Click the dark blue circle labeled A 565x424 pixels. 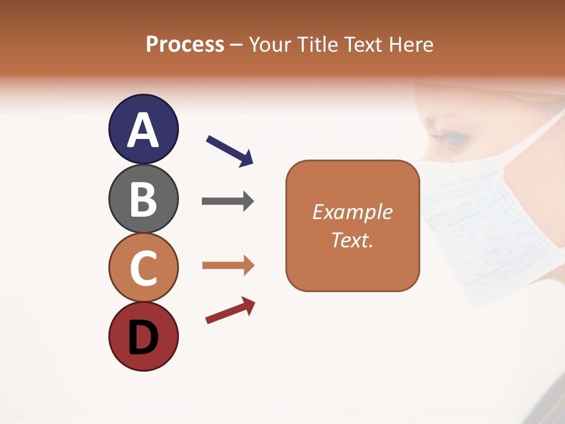point(143,129)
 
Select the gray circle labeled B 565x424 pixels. point(143,198)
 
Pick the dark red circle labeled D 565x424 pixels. point(143,336)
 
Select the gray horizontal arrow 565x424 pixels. point(228,201)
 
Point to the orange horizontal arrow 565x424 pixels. point(228,266)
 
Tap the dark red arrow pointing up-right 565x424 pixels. point(230,310)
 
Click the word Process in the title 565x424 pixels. point(185,44)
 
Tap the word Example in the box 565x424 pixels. point(352,212)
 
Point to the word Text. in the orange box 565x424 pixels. point(352,240)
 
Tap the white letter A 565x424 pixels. point(143,130)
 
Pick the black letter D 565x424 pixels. point(143,337)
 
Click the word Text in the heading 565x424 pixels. point(365,44)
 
